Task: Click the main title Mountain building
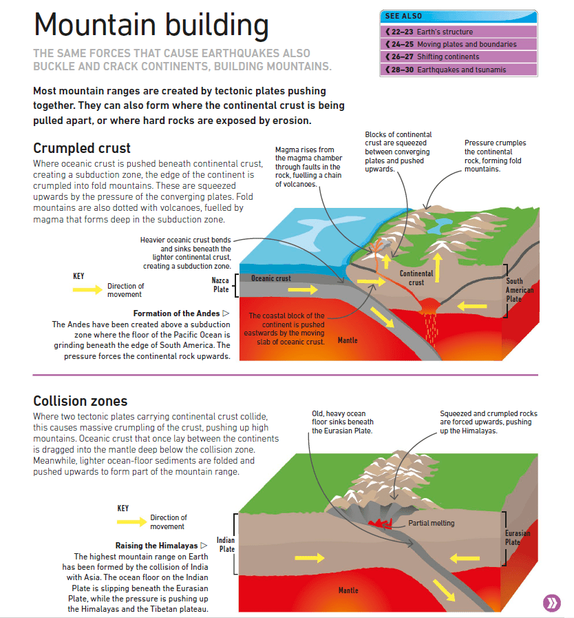(151, 25)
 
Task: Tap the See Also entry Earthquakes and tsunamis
(451, 70)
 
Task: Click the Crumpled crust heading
(81, 148)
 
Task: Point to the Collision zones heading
(80, 401)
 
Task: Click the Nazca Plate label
(220, 285)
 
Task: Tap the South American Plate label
(515, 290)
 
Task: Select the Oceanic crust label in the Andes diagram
(271, 279)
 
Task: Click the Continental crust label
(416, 278)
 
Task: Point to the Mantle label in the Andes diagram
(348, 340)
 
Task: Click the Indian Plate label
(226, 544)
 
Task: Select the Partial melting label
(432, 523)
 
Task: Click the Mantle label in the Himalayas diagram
(348, 590)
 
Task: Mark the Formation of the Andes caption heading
(172, 313)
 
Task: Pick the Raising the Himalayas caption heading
(161, 545)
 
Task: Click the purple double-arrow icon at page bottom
(552, 602)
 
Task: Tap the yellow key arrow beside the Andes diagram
(87, 290)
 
